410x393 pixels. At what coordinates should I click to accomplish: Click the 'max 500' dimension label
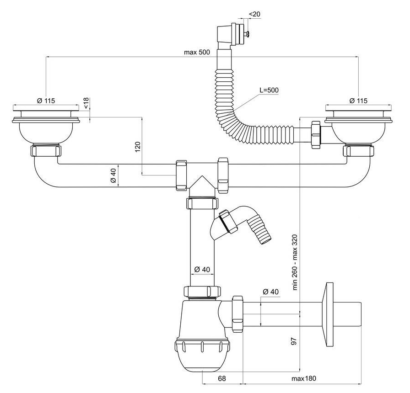197,52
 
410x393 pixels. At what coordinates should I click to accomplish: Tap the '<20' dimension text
254,14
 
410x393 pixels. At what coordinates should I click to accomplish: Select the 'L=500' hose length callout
269,90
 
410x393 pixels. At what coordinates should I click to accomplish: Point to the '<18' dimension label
86,103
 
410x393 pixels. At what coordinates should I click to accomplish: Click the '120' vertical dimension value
138,147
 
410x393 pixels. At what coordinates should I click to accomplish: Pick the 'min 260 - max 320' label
295,262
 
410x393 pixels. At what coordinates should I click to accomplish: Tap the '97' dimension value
294,341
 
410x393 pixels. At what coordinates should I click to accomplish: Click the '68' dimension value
222,378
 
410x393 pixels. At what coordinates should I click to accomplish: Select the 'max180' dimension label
303,378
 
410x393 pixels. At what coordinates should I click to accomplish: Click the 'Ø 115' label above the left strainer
46,101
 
